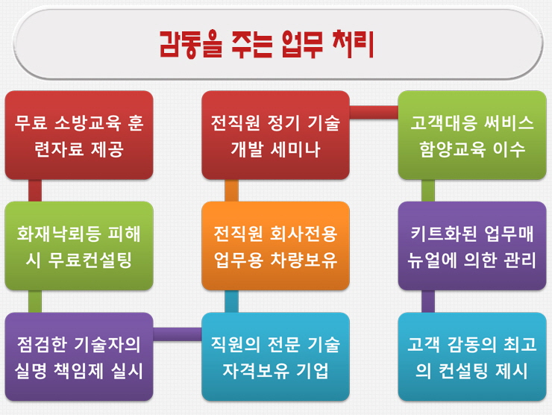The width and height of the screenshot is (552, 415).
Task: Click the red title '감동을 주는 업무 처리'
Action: click(266, 44)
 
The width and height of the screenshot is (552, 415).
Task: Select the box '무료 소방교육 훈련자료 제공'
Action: click(79, 135)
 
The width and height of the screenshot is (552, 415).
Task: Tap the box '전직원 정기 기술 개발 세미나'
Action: click(275, 135)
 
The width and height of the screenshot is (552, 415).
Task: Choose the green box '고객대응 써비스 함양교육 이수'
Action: click(472, 135)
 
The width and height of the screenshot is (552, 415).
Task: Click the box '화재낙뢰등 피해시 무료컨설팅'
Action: click(79, 246)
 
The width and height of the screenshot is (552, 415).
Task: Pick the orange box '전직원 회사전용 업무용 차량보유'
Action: click(275, 246)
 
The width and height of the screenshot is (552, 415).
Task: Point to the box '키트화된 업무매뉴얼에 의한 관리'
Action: click(472, 246)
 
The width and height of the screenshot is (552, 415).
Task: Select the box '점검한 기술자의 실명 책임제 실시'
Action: click(79, 357)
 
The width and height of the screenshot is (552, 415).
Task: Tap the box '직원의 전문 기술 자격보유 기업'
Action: click(275, 357)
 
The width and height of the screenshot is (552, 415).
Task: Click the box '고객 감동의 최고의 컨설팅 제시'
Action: click(472, 357)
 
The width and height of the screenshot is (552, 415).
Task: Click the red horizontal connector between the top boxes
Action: click(374, 113)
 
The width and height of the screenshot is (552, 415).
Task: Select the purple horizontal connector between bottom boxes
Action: click(178, 334)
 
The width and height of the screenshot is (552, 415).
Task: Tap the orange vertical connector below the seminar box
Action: click(231, 190)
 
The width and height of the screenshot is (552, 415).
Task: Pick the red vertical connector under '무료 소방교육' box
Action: click(35, 190)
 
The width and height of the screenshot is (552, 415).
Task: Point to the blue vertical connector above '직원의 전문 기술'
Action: click(231, 302)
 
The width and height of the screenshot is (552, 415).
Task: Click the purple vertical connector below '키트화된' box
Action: click(428, 302)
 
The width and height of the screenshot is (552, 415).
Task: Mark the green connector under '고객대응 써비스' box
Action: click(428, 190)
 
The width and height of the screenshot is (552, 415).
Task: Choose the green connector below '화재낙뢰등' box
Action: click(35, 302)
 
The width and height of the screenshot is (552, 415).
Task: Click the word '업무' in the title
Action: click(302, 44)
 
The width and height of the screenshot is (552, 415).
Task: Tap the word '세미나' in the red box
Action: click(295, 149)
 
